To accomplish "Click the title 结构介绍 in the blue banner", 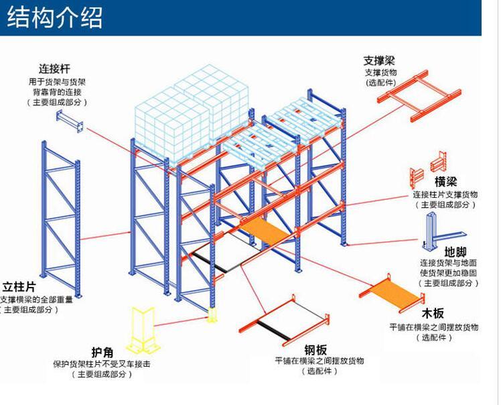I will (x=55, y=17).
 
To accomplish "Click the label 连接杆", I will (x=55, y=68).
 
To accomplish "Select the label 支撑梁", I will (x=380, y=60).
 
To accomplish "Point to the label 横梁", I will (x=445, y=182).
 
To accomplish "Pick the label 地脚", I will (x=455, y=251).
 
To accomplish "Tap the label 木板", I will (x=433, y=314).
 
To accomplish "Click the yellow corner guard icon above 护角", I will (x=143, y=331).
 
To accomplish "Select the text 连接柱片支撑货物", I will (x=445, y=194).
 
